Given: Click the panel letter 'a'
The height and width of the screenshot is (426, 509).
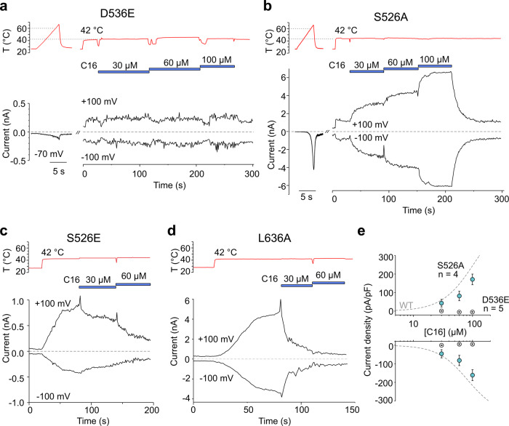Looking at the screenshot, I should pyautogui.click(x=7, y=7).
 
